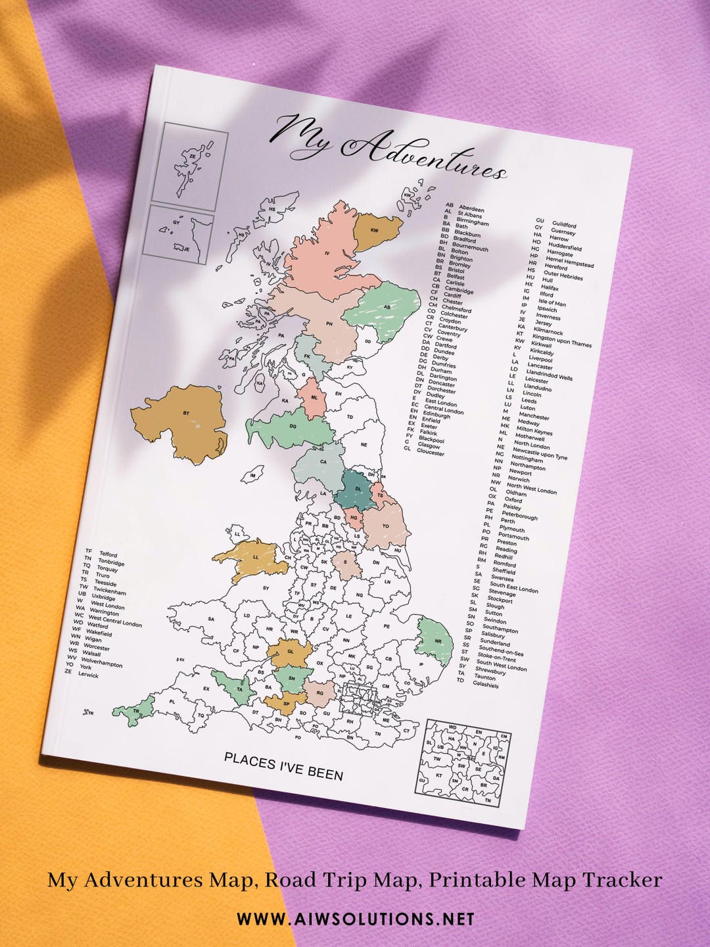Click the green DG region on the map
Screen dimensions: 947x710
click(293, 427)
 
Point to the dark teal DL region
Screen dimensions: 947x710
click(358, 490)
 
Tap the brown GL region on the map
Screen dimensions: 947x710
click(290, 653)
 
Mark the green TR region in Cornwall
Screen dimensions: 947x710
click(135, 710)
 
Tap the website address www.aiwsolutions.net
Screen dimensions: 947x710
click(355, 919)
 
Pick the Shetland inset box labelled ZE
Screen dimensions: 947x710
click(190, 166)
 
